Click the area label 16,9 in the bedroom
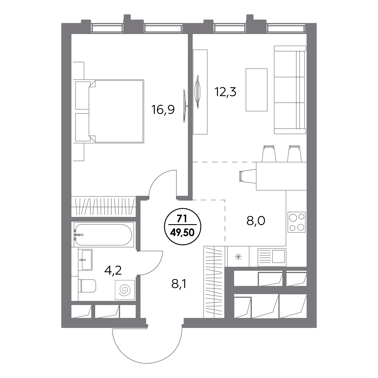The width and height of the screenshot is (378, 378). tap(163, 110)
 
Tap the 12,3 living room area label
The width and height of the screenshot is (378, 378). tap(225, 92)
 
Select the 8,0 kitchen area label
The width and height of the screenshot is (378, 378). tap(256, 221)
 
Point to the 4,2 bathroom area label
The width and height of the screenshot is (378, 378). tap(113, 271)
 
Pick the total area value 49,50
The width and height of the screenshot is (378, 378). tap(182, 233)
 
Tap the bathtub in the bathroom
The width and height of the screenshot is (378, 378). tap(104, 234)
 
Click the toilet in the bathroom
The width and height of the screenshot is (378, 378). tap(87, 286)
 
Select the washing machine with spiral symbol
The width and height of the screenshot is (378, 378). tap(125, 290)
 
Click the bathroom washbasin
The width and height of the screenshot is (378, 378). tap(85, 260)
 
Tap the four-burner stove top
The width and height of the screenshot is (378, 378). tap(297, 222)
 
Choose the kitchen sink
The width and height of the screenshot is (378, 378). tap(272, 257)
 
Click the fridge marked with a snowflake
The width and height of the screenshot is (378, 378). tap(238, 257)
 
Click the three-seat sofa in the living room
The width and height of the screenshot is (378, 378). tap(290, 90)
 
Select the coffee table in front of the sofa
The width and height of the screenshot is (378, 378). tap(256, 90)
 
